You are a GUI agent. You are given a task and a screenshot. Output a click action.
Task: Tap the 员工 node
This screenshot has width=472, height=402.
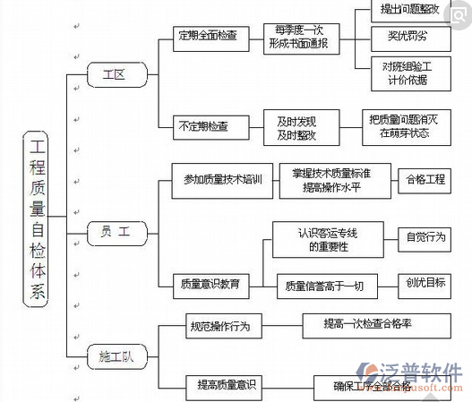116,231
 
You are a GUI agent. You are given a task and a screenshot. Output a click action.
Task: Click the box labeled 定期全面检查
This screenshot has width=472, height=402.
209,35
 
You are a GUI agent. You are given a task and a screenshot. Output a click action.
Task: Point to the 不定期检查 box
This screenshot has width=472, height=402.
210,126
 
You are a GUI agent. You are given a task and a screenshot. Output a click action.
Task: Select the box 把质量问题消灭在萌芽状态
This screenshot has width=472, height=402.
404,126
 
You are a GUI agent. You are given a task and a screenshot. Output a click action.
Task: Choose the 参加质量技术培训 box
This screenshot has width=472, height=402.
221,180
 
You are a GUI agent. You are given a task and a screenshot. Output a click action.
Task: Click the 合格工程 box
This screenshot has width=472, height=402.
425,180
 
